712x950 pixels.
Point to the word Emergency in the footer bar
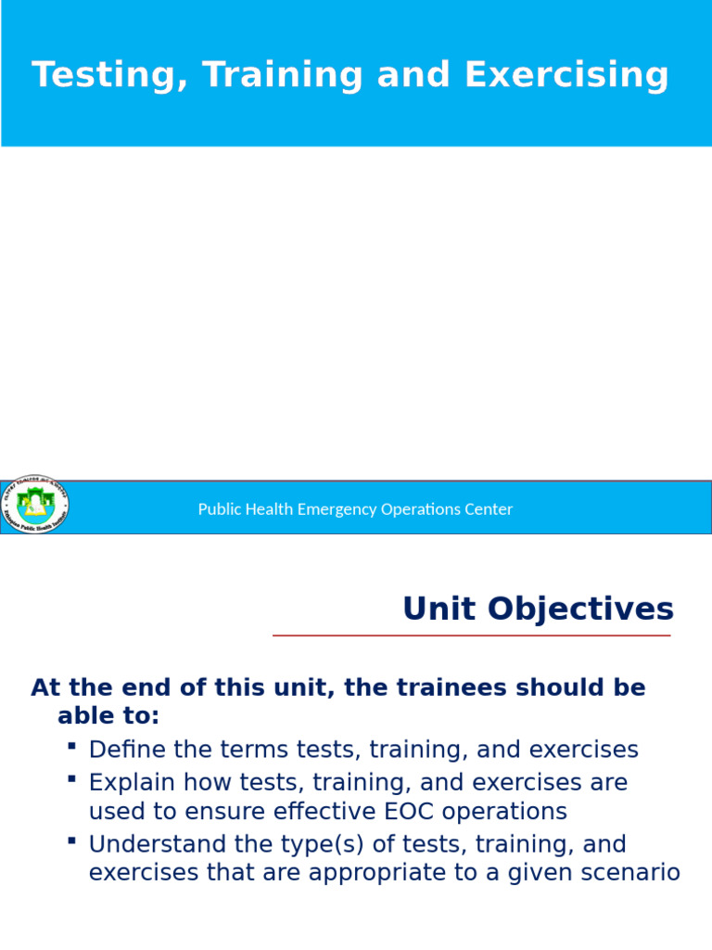point(337,509)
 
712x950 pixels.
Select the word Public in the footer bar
point(219,509)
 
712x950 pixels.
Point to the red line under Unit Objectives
point(471,635)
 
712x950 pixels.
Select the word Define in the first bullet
point(125,750)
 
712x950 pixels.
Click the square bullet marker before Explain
point(72,778)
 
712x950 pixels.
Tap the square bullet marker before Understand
point(72,841)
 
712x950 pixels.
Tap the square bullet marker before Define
point(72,746)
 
